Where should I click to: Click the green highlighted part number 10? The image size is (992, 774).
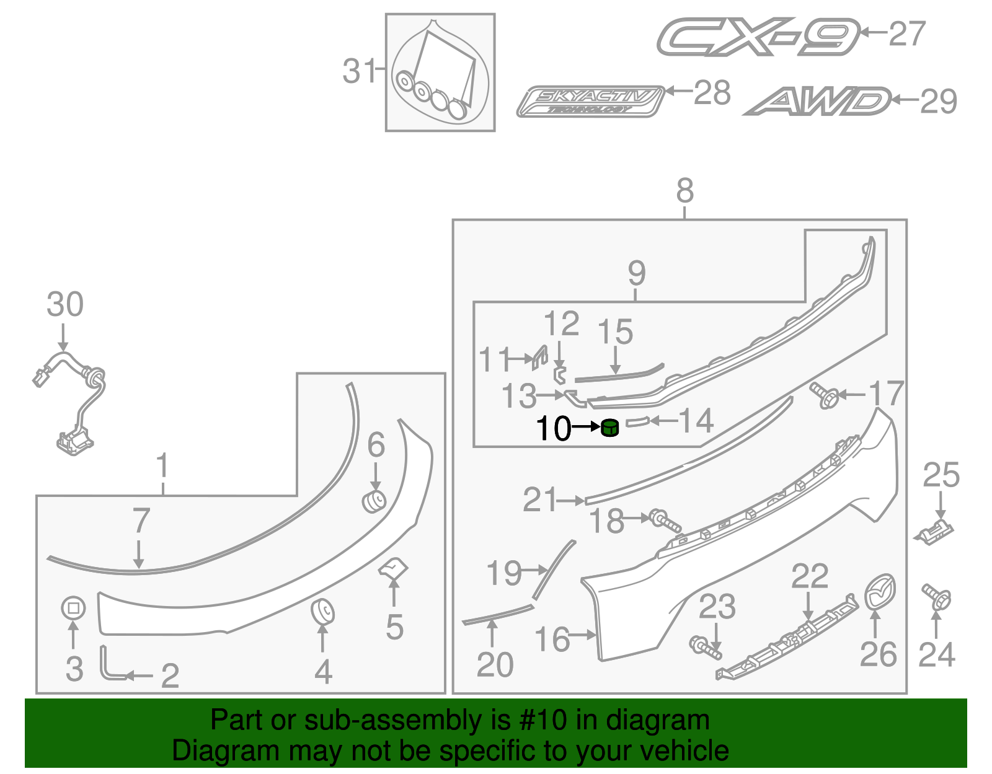(x=610, y=428)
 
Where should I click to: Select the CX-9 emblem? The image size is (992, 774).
(x=758, y=37)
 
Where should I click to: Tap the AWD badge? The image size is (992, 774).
(x=817, y=102)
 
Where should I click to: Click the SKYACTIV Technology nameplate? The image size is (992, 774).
(x=590, y=102)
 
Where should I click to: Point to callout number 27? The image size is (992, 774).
(x=906, y=33)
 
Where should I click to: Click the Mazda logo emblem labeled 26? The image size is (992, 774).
(x=880, y=592)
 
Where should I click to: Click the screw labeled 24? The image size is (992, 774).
(x=937, y=596)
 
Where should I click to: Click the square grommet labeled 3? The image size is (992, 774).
(x=73, y=608)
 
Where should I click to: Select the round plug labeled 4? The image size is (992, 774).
(x=322, y=611)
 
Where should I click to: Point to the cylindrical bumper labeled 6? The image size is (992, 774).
(x=374, y=501)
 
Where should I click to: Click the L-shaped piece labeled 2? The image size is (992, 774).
(x=108, y=665)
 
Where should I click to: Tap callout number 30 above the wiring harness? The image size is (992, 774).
(x=65, y=305)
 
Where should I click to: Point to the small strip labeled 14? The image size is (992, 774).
(x=637, y=422)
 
